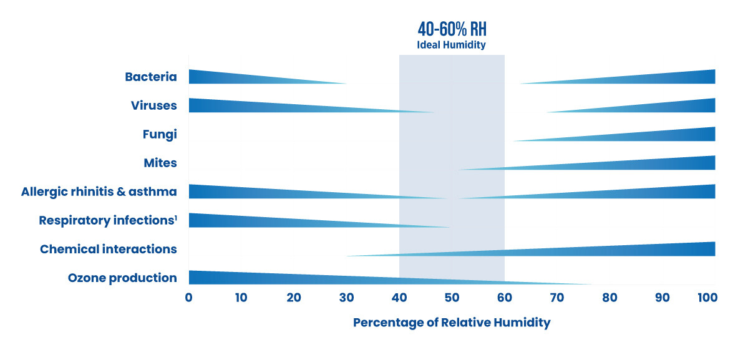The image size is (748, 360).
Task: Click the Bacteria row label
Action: tap(151, 77)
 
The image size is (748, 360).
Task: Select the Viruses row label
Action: tap(154, 105)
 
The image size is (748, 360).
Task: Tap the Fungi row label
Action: tap(160, 134)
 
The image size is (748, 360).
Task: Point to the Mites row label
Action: tap(160, 163)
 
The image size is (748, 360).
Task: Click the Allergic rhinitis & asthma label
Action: tap(99, 192)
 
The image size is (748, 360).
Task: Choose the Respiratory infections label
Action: tap(108, 220)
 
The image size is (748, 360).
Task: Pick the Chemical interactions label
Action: tap(109, 249)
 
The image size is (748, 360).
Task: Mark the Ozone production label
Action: tap(122, 278)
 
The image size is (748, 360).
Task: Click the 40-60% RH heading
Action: tap(451, 30)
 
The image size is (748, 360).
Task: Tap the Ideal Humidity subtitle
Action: tap(451, 45)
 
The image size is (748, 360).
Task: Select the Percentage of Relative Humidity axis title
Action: tap(452, 323)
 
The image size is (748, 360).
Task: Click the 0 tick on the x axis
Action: tap(188, 297)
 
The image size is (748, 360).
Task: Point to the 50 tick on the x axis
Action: tap(452, 297)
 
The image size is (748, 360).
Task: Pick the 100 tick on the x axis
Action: tap(708, 297)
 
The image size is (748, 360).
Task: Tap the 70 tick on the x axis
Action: tap(557, 297)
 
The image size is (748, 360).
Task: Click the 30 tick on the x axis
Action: tap(346, 297)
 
